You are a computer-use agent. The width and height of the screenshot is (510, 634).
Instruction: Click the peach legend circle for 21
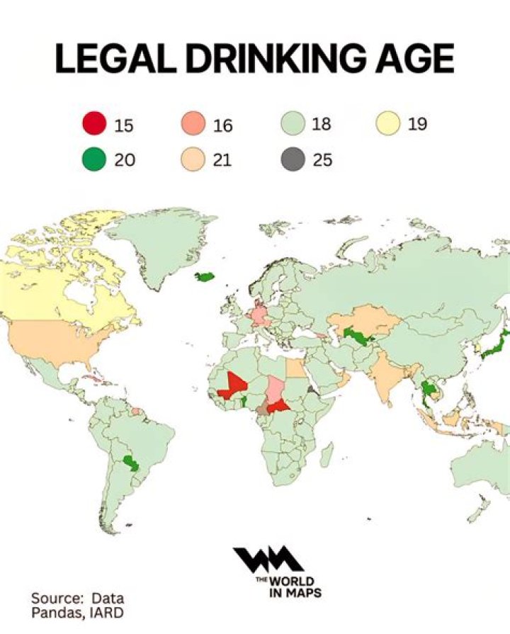point(193,160)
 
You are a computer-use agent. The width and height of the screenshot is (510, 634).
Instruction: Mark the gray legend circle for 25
point(292,160)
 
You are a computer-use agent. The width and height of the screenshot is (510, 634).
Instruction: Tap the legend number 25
point(322,160)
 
